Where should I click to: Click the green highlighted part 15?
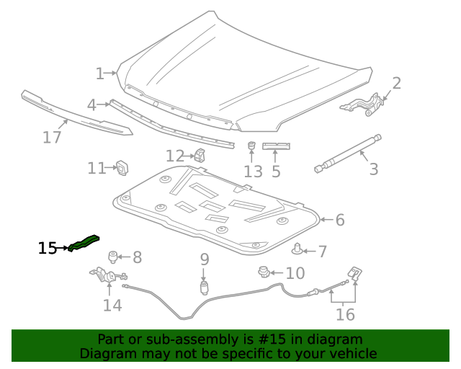click(85, 243)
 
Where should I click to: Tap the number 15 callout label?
click(48, 249)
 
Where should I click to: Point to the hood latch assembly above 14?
click(107, 276)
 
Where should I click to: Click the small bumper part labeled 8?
click(113, 257)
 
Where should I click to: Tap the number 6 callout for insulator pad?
click(339, 220)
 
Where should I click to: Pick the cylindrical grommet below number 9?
click(204, 288)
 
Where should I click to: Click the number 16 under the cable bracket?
click(345, 314)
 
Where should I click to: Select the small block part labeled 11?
click(122, 167)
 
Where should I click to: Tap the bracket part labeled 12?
click(200, 154)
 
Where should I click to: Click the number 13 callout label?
click(253, 172)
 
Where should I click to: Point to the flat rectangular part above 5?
click(276, 147)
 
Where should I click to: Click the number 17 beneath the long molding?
click(52, 137)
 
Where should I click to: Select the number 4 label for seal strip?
click(91, 105)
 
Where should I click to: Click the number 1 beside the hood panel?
click(100, 73)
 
